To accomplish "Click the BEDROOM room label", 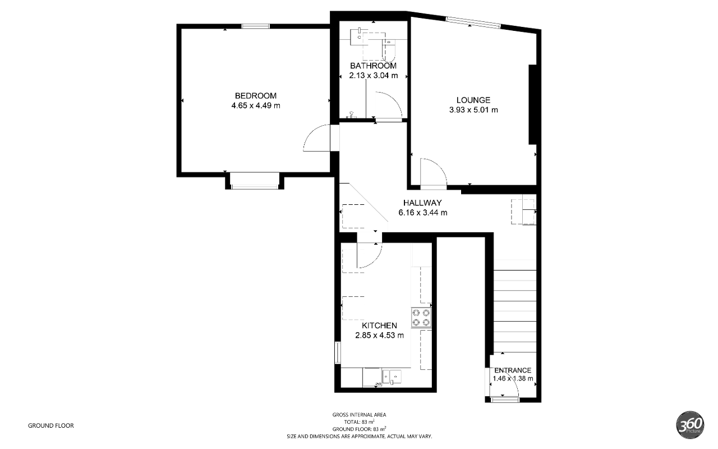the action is click(255, 95).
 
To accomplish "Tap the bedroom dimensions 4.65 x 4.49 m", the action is click(255, 106).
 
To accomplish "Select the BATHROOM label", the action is click(373, 66).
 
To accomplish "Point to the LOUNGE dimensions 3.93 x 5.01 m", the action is click(473, 109).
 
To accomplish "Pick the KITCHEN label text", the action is click(379, 326).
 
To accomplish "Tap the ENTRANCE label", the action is click(513, 370).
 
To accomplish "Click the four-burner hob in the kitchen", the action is click(421, 318).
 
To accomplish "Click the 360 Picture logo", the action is click(691, 425).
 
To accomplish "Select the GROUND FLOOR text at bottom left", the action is click(50, 425).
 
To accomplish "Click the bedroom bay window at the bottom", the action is click(255, 187).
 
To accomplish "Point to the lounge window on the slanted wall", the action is click(473, 22).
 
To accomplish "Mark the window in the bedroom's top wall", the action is click(255, 26).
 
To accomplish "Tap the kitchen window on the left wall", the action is click(338, 353).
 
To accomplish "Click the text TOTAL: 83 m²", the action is click(359, 421).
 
